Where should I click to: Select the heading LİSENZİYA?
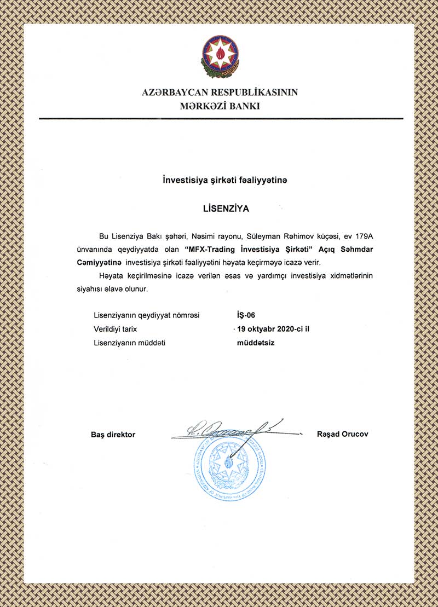(x=218, y=209)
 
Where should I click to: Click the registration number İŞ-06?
(x=243, y=315)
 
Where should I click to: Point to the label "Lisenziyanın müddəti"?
(x=130, y=343)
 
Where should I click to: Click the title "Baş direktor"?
(x=113, y=435)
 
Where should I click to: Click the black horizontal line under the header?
(x=219, y=118)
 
